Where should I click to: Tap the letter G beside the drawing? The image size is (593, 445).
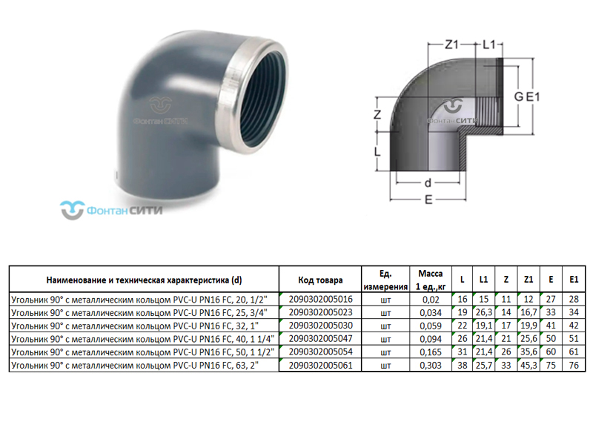click(x=521, y=96)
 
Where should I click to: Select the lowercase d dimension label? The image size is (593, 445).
click(x=428, y=182)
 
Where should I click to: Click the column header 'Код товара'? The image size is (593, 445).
click(x=320, y=280)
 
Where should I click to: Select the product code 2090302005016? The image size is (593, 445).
click(x=320, y=300)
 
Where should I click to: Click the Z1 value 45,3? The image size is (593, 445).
click(x=529, y=365)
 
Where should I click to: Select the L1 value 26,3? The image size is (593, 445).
click(x=484, y=313)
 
